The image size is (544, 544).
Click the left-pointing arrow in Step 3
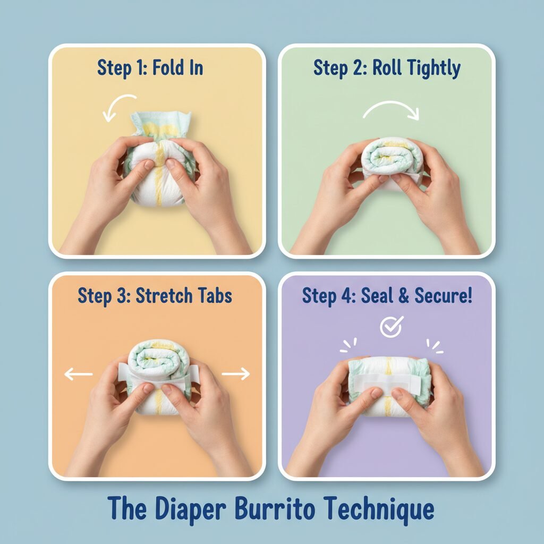pyautogui.click(x=79, y=374)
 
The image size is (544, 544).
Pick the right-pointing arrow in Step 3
pyautogui.click(x=235, y=373)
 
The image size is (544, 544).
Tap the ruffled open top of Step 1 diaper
pyautogui.click(x=161, y=125)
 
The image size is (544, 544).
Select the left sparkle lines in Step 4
pyautogui.click(x=348, y=346)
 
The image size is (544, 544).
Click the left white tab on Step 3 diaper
pyautogui.click(x=124, y=371)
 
